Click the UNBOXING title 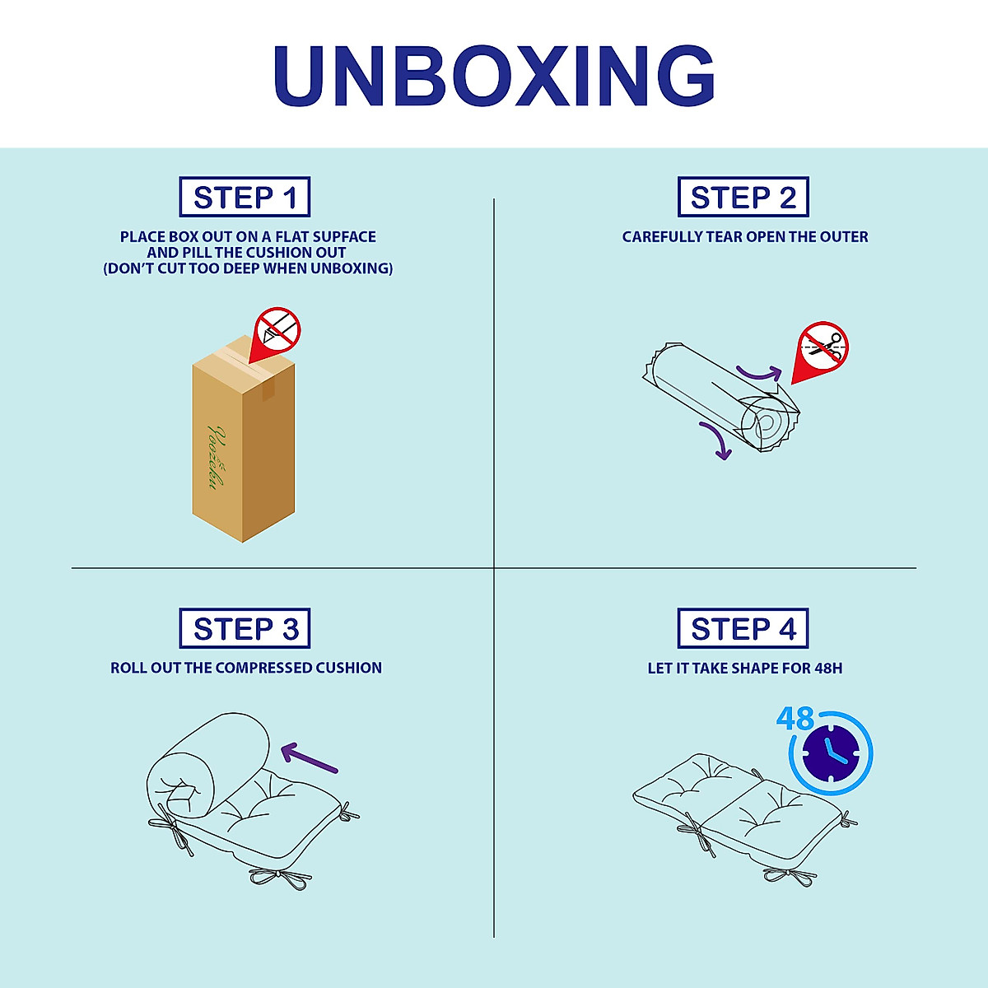(494, 76)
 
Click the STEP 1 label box (245, 198)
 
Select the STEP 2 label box (743, 198)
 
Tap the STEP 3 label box (245, 629)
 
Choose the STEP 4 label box (743, 629)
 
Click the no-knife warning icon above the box (277, 330)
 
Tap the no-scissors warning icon (822, 346)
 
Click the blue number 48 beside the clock (795, 719)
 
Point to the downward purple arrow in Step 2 (715, 441)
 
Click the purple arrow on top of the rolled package (757, 375)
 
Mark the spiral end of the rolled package (763, 426)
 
